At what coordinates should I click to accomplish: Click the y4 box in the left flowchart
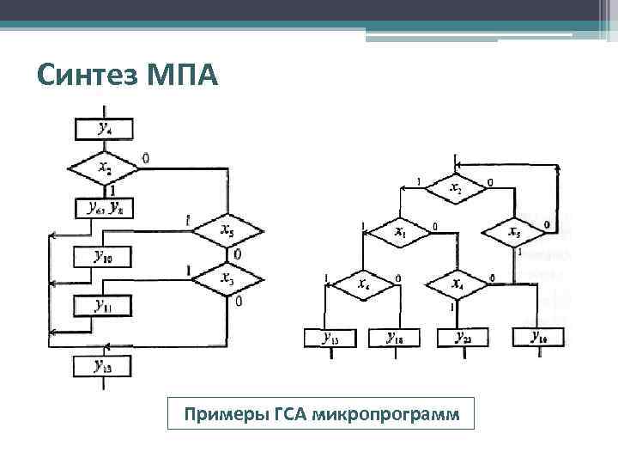(x=104, y=129)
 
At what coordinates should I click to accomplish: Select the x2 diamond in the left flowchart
(x=104, y=168)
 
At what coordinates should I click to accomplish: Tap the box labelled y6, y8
(x=104, y=207)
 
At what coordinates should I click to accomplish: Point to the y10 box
(x=104, y=256)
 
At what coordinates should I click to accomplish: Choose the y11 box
(x=104, y=305)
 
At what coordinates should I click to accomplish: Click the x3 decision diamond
(x=227, y=279)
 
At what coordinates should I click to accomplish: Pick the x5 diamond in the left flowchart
(x=227, y=231)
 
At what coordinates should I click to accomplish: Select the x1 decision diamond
(x=399, y=231)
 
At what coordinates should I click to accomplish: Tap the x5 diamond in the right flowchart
(x=514, y=232)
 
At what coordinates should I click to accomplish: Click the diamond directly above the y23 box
(x=455, y=283)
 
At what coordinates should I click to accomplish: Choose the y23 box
(x=462, y=337)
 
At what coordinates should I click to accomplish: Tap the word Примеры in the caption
(x=223, y=416)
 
